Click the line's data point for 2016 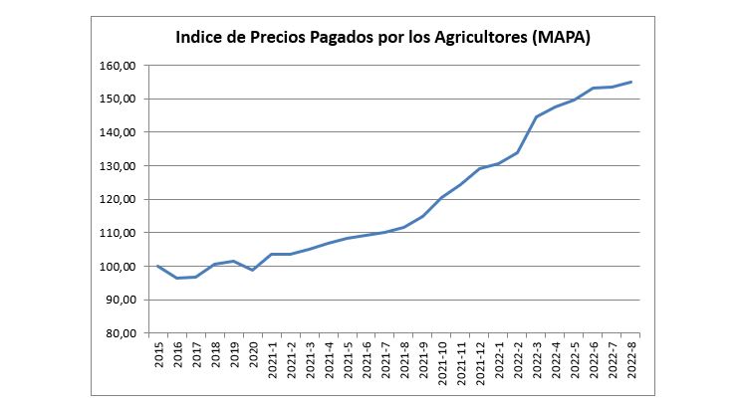point(177,278)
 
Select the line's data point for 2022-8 point(631,82)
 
